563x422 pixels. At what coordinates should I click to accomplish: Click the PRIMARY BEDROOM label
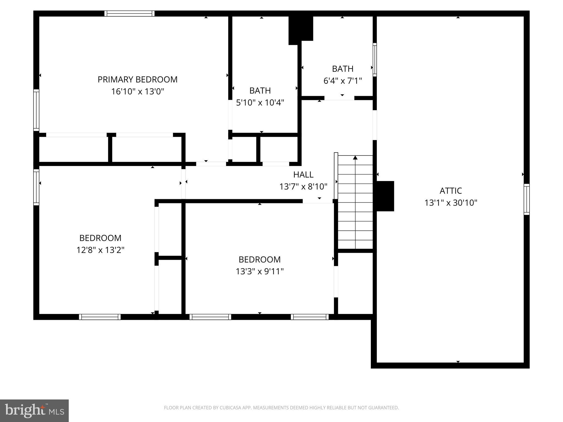pyautogui.click(x=137, y=79)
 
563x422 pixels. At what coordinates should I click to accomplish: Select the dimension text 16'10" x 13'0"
pyautogui.click(x=137, y=91)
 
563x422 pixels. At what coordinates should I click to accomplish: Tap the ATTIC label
pyautogui.click(x=451, y=191)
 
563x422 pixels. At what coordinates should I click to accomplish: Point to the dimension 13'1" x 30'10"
pyautogui.click(x=451, y=203)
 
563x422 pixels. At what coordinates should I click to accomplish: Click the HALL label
pyautogui.click(x=303, y=174)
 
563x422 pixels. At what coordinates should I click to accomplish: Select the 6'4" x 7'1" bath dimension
pyautogui.click(x=343, y=81)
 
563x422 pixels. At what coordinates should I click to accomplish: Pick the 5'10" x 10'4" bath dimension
pyautogui.click(x=260, y=102)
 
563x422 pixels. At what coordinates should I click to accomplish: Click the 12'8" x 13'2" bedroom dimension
pyautogui.click(x=100, y=250)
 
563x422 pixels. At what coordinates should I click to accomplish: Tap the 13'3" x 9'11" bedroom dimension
pyautogui.click(x=260, y=271)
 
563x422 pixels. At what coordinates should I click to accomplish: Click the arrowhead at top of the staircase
pyautogui.click(x=355, y=158)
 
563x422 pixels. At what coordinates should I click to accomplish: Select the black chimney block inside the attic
pyautogui.click(x=385, y=196)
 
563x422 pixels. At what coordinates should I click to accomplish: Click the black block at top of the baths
pyautogui.click(x=300, y=29)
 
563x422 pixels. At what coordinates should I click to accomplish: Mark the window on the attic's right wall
pyautogui.click(x=526, y=199)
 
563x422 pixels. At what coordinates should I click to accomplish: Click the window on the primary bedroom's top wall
pyautogui.click(x=129, y=13)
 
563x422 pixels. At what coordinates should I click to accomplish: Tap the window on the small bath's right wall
pyautogui.click(x=374, y=60)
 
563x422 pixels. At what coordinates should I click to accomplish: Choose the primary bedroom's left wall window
pyautogui.click(x=36, y=110)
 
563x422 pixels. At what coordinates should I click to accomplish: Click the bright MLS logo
pyautogui.click(x=34, y=410)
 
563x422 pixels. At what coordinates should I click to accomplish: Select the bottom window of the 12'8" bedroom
pyautogui.click(x=100, y=317)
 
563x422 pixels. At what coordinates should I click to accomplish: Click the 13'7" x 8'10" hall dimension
pyautogui.click(x=303, y=187)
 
